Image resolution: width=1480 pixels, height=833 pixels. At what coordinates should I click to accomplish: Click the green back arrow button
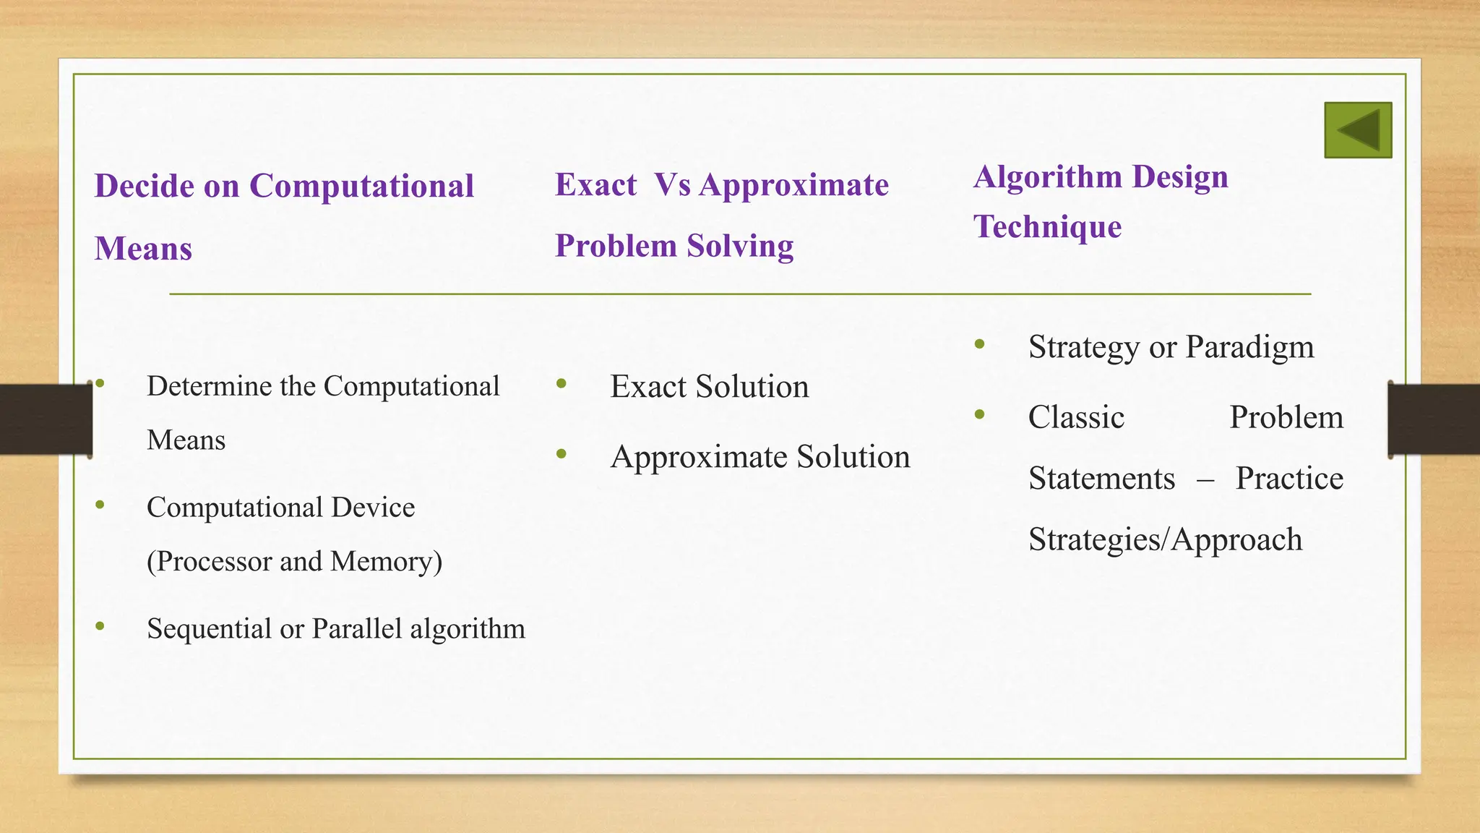[1358, 130]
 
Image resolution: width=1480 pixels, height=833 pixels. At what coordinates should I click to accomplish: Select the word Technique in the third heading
[1047, 227]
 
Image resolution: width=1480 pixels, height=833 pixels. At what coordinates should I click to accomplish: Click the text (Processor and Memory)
[294, 562]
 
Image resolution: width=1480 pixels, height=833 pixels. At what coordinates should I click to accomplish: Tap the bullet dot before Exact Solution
[562, 384]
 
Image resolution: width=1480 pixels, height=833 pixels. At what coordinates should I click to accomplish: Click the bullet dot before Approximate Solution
[562, 454]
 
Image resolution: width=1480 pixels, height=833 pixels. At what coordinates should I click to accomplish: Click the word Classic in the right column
[1076, 418]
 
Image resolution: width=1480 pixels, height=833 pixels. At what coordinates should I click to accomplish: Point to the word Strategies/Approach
[1165, 540]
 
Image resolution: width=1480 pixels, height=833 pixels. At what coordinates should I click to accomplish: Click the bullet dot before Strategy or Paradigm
[979, 344]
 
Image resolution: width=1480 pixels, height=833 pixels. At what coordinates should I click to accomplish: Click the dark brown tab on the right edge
[1434, 419]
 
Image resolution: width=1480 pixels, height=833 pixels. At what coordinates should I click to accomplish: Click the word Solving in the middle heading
[740, 246]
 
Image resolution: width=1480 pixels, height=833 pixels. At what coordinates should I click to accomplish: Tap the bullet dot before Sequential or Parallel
[100, 626]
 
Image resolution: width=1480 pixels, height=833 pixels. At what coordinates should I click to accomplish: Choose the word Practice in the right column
[1289, 479]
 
